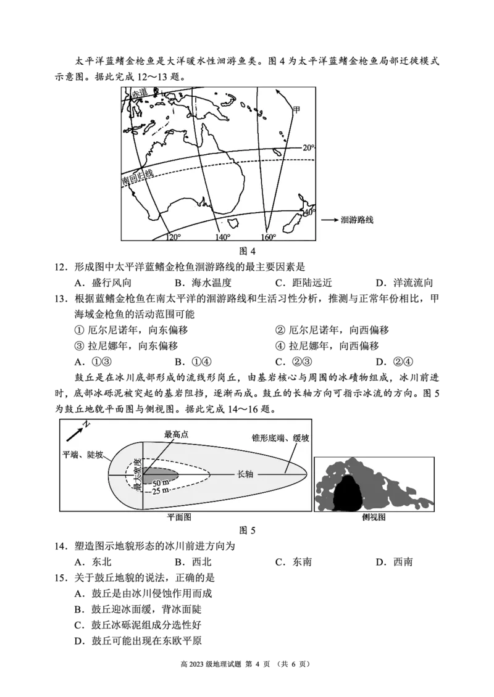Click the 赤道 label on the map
click(139, 93)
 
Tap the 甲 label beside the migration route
click(296, 110)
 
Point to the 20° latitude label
click(308, 148)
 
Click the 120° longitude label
click(173, 237)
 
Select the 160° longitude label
click(269, 237)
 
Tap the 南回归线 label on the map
click(138, 177)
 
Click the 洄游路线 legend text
click(357, 220)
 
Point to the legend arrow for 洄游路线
click(329, 220)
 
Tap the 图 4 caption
click(247, 251)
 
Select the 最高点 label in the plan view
click(176, 434)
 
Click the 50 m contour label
click(161, 483)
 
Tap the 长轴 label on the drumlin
click(245, 474)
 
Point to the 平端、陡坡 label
click(83, 455)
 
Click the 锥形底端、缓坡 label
click(280, 438)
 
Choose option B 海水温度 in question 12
click(203, 283)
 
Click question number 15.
click(61, 578)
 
